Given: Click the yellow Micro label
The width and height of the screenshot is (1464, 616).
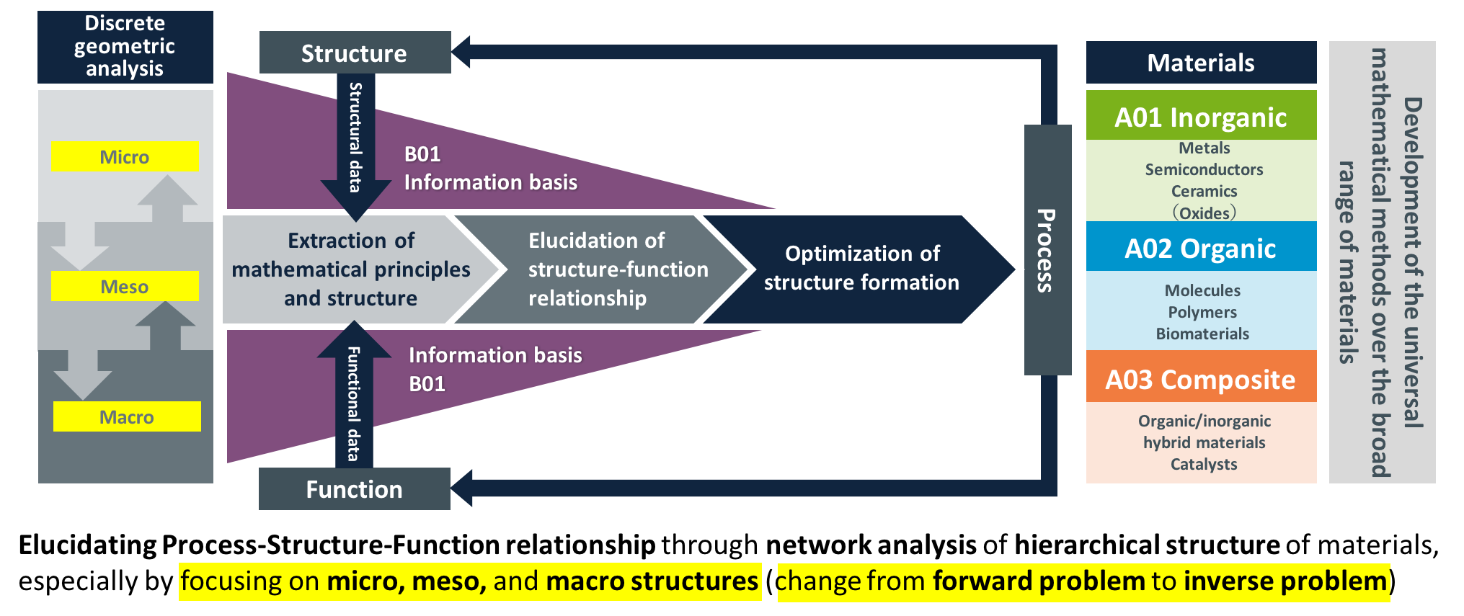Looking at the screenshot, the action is [x=125, y=156].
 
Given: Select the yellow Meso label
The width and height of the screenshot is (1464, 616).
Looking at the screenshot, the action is [x=125, y=286].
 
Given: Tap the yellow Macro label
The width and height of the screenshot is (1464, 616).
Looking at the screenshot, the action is [x=127, y=416].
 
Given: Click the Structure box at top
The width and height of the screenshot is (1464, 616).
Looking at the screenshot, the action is [x=355, y=53].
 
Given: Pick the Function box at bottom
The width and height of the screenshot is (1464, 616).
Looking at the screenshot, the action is [x=355, y=489].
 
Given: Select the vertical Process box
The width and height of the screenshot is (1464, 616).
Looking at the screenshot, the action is [x=1047, y=250].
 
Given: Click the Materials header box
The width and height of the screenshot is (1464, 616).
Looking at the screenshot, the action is [x=1201, y=63].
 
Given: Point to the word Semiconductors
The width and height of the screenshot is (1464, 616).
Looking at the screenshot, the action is [x=1204, y=169].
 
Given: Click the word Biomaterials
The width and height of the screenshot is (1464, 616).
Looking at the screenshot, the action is [x=1202, y=334].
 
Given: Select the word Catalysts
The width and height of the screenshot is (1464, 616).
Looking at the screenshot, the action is [x=1204, y=464].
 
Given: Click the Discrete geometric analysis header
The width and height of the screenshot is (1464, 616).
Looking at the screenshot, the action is [x=125, y=47].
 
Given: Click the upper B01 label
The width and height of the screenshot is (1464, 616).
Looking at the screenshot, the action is [x=422, y=154].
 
